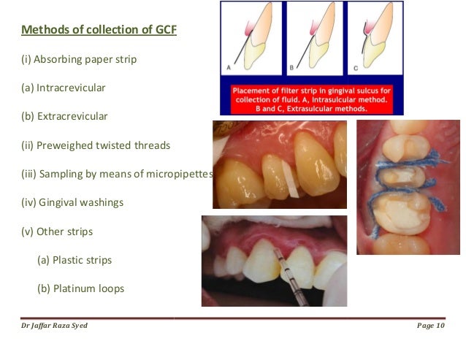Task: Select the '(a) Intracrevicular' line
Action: coord(64,88)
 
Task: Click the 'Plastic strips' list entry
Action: coord(84,260)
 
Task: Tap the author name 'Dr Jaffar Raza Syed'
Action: coord(55,326)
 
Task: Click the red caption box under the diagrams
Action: coord(312,98)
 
